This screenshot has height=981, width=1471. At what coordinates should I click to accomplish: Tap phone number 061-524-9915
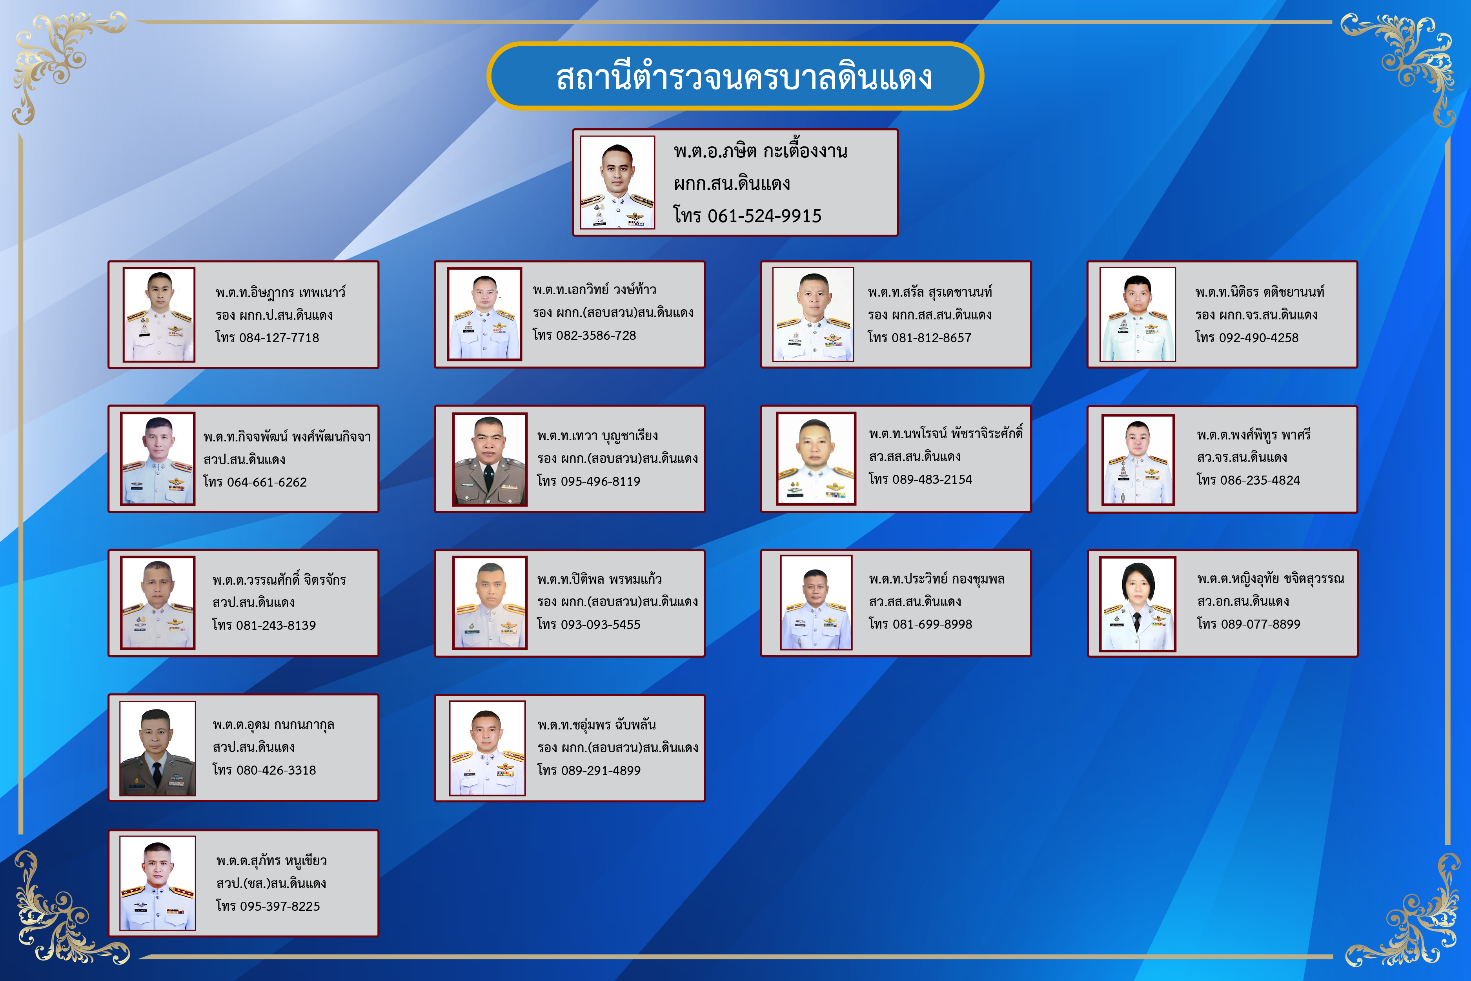pyautogui.click(x=764, y=216)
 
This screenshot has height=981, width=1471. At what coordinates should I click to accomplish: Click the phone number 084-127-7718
pyautogui.click(x=279, y=338)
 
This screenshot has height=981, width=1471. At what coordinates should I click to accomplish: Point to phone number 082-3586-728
pyautogui.click(x=596, y=336)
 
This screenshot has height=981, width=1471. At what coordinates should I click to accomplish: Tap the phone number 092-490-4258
pyautogui.click(x=1259, y=338)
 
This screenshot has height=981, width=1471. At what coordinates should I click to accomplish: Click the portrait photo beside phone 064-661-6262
pyautogui.click(x=158, y=459)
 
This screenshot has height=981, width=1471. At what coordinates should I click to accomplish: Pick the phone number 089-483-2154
pyautogui.click(x=932, y=479)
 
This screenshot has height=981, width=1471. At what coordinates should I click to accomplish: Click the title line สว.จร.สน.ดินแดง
pyautogui.click(x=1242, y=457)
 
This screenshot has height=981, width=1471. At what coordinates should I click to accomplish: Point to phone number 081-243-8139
pyautogui.click(x=276, y=625)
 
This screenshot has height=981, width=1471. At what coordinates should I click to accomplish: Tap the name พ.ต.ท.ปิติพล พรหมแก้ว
pyautogui.click(x=599, y=579)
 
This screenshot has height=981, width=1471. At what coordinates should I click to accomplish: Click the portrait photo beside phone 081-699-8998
pyautogui.click(x=816, y=602)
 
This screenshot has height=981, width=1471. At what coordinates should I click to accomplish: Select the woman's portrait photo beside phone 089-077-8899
pyautogui.click(x=1138, y=604)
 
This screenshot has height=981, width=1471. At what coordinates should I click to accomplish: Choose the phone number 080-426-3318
pyautogui.click(x=276, y=770)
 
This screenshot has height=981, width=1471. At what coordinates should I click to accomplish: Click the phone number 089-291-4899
pyautogui.click(x=601, y=771)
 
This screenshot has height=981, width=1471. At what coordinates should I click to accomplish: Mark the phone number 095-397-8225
pyautogui.click(x=280, y=906)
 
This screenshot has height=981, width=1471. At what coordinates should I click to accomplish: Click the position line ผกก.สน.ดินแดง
pyautogui.click(x=732, y=184)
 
